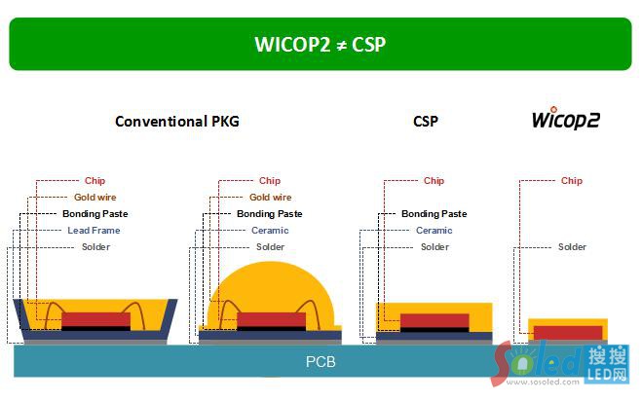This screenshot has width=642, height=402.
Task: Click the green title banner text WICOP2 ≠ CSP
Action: coord(321,44)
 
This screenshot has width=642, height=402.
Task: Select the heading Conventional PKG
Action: coord(176,122)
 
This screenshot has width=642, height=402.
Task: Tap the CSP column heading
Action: coord(425,122)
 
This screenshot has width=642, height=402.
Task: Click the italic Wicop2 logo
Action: coord(565,120)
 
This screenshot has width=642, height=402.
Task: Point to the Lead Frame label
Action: coord(94,231)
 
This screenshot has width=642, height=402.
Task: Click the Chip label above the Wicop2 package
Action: coord(572,181)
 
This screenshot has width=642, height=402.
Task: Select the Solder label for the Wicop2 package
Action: coord(572,247)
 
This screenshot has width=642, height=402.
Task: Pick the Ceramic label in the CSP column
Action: coord(434,231)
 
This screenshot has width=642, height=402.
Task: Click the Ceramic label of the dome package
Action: coord(270,231)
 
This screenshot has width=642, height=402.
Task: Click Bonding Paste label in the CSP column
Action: coord(434,214)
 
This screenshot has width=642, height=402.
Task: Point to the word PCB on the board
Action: coord(321,363)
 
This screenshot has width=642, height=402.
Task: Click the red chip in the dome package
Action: coord(271,319)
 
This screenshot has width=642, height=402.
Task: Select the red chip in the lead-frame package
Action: coord(95,319)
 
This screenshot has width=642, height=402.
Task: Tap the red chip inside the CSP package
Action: coord(434,320)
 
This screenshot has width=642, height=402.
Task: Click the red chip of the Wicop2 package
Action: coord(567,332)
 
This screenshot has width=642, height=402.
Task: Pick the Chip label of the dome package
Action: coord(270,181)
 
